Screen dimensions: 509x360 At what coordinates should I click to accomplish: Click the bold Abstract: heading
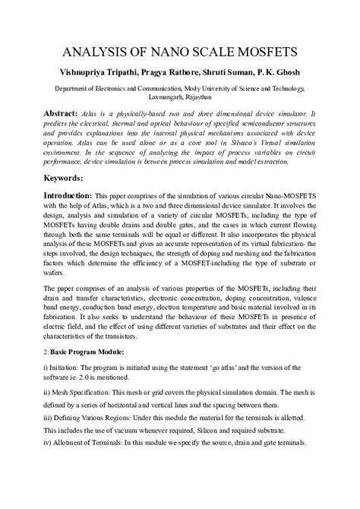[68, 112]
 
